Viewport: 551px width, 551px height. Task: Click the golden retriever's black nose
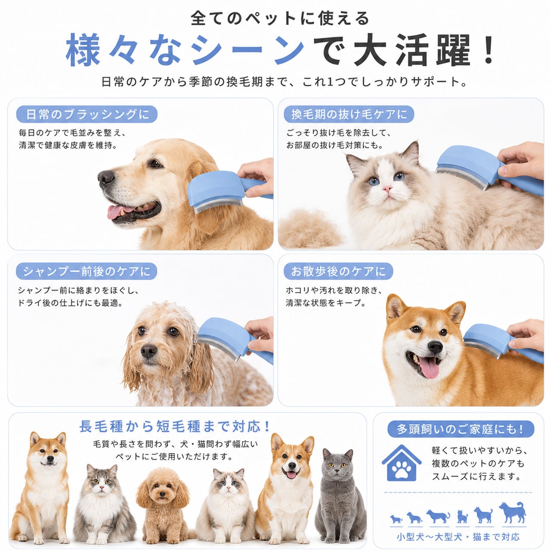pos(106,177)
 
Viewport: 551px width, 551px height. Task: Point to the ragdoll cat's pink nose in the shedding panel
pos(387,189)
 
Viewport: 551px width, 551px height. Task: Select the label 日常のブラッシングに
pos(87,114)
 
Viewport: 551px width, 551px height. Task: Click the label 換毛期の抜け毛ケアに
pos(349,114)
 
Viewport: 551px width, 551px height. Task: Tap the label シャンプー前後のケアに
pos(87,271)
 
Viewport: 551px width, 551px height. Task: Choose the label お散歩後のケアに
pos(338,271)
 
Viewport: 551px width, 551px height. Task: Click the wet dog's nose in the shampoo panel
pos(149,350)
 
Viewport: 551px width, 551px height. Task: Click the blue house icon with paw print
pos(402,463)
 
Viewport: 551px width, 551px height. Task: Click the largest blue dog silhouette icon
pos(513,512)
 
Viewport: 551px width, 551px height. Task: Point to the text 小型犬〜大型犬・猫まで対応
pos(458,537)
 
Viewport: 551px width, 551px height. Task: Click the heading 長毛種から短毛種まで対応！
pos(175,427)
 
